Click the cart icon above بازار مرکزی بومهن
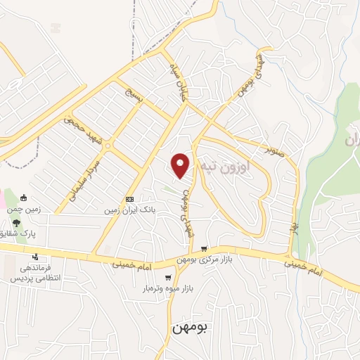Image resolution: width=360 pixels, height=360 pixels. coord(204,249)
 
